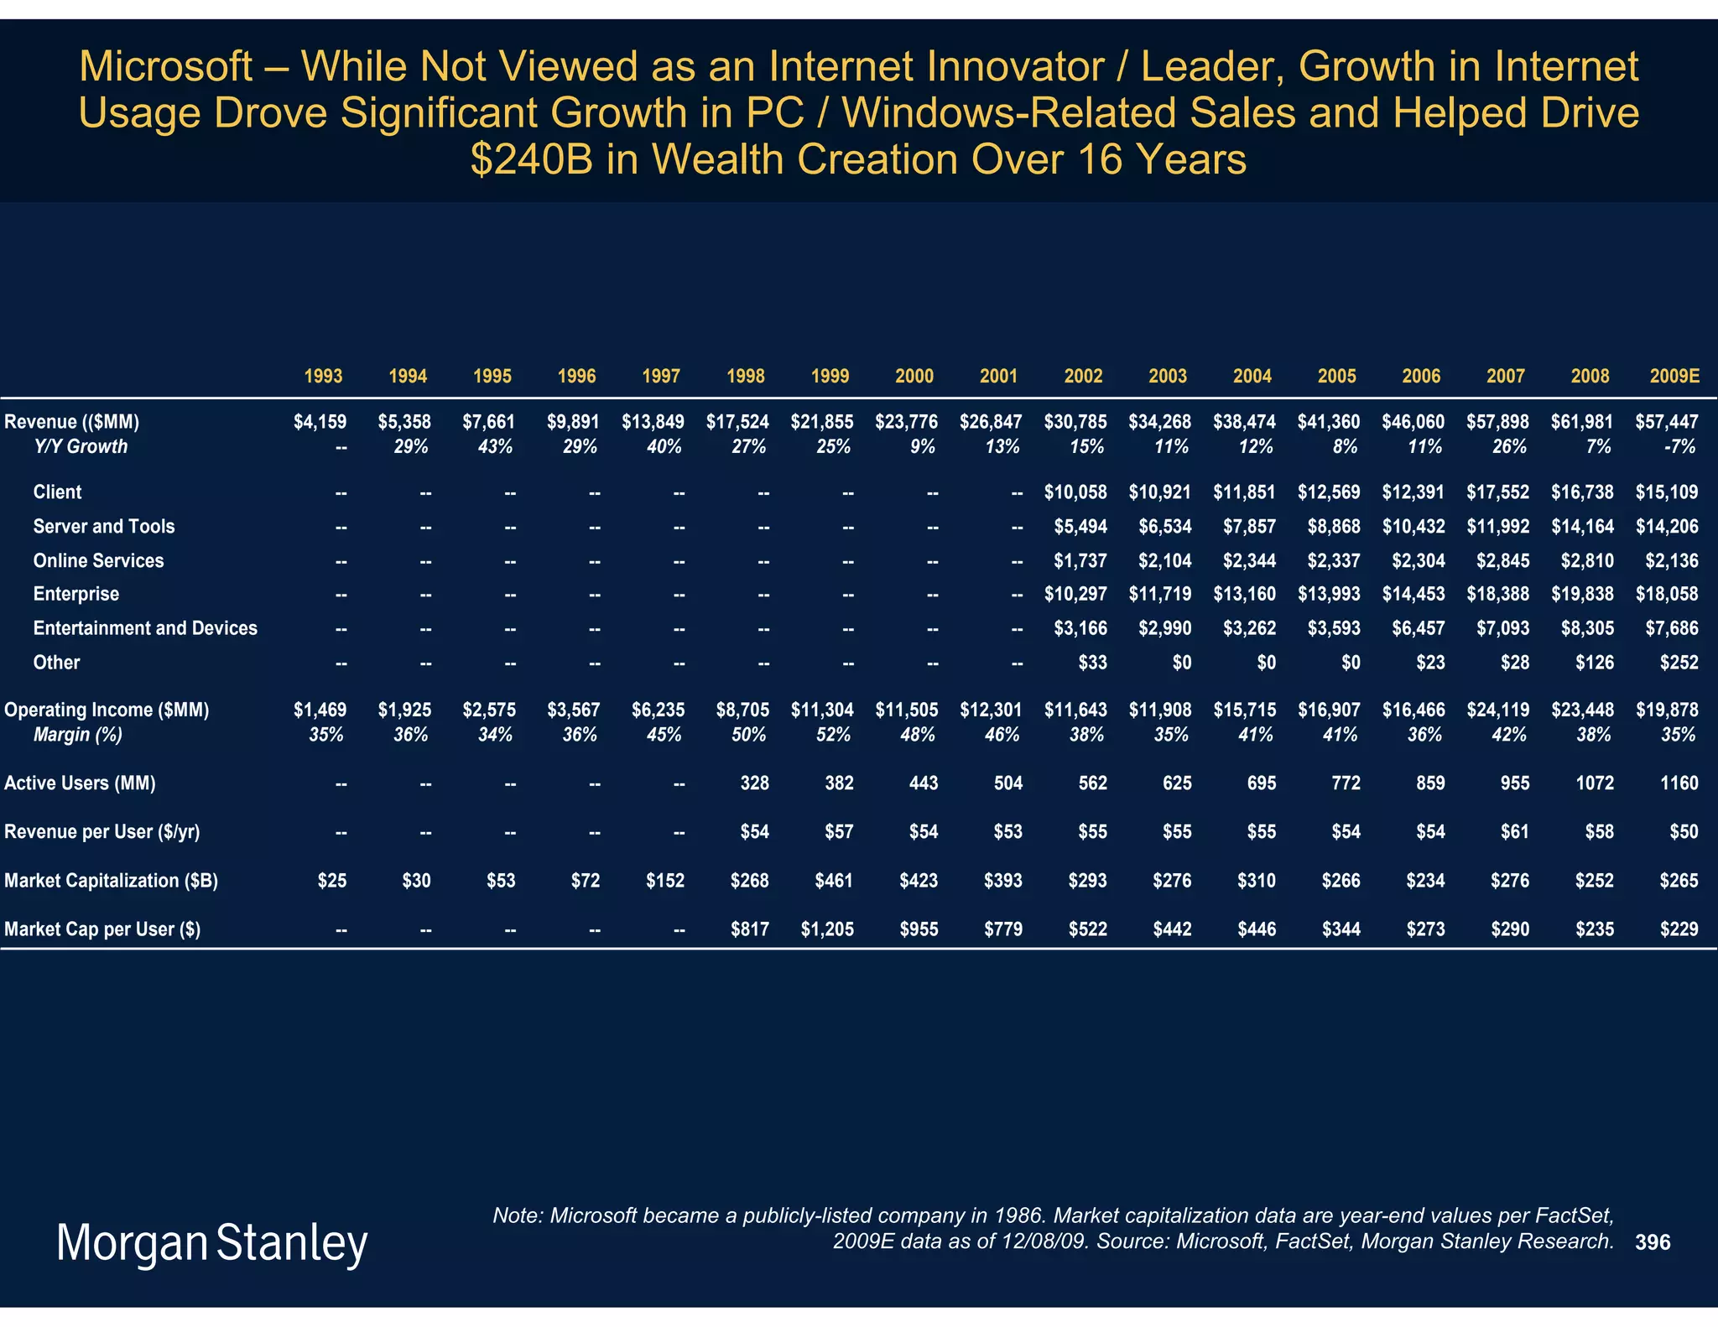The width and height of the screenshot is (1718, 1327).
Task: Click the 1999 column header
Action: point(830,377)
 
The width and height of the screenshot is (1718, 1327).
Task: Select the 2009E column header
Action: point(1674,377)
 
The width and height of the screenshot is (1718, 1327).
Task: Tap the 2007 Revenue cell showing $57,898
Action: point(1497,422)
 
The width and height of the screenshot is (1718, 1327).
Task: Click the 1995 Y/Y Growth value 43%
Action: point(495,447)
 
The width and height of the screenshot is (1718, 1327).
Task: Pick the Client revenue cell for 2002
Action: point(1075,492)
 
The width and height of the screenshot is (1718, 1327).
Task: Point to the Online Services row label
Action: point(98,561)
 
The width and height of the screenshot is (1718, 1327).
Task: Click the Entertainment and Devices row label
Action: point(145,628)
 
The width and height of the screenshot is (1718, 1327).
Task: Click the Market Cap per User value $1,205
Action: point(826,929)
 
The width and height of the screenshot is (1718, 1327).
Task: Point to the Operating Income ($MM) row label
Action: point(107,710)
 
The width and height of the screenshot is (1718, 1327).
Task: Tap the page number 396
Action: point(1653,1242)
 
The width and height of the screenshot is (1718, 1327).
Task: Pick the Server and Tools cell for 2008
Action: point(1582,527)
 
